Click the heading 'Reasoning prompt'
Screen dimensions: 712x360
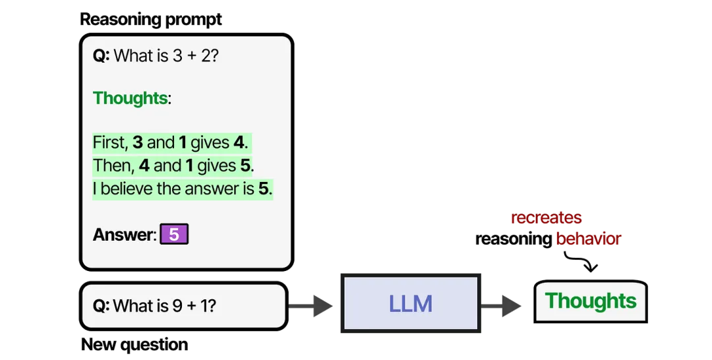coord(151,20)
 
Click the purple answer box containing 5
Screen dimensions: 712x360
coord(174,234)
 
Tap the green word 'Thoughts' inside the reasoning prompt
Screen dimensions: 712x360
coord(131,98)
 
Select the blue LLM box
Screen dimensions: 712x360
coord(411,303)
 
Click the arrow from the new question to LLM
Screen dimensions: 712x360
coord(311,305)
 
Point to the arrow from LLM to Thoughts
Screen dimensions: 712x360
coord(501,305)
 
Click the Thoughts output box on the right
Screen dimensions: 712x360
coord(590,301)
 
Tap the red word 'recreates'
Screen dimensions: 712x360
coord(547,218)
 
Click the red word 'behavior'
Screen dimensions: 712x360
coord(589,238)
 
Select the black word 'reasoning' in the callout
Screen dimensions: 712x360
coord(513,239)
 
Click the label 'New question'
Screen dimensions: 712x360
coord(134,345)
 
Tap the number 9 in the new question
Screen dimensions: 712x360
coord(177,306)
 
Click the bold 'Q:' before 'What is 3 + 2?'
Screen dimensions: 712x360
coord(102,56)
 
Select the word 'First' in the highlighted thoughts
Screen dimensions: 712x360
coord(110,142)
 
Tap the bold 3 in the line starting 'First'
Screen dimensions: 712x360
coord(138,142)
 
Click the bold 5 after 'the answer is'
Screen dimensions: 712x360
coord(263,189)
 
